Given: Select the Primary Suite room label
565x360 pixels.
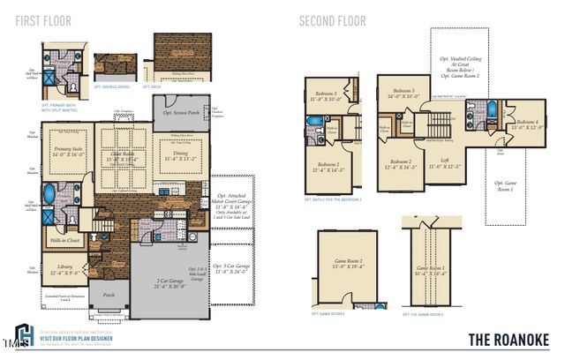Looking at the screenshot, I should click(65, 151).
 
